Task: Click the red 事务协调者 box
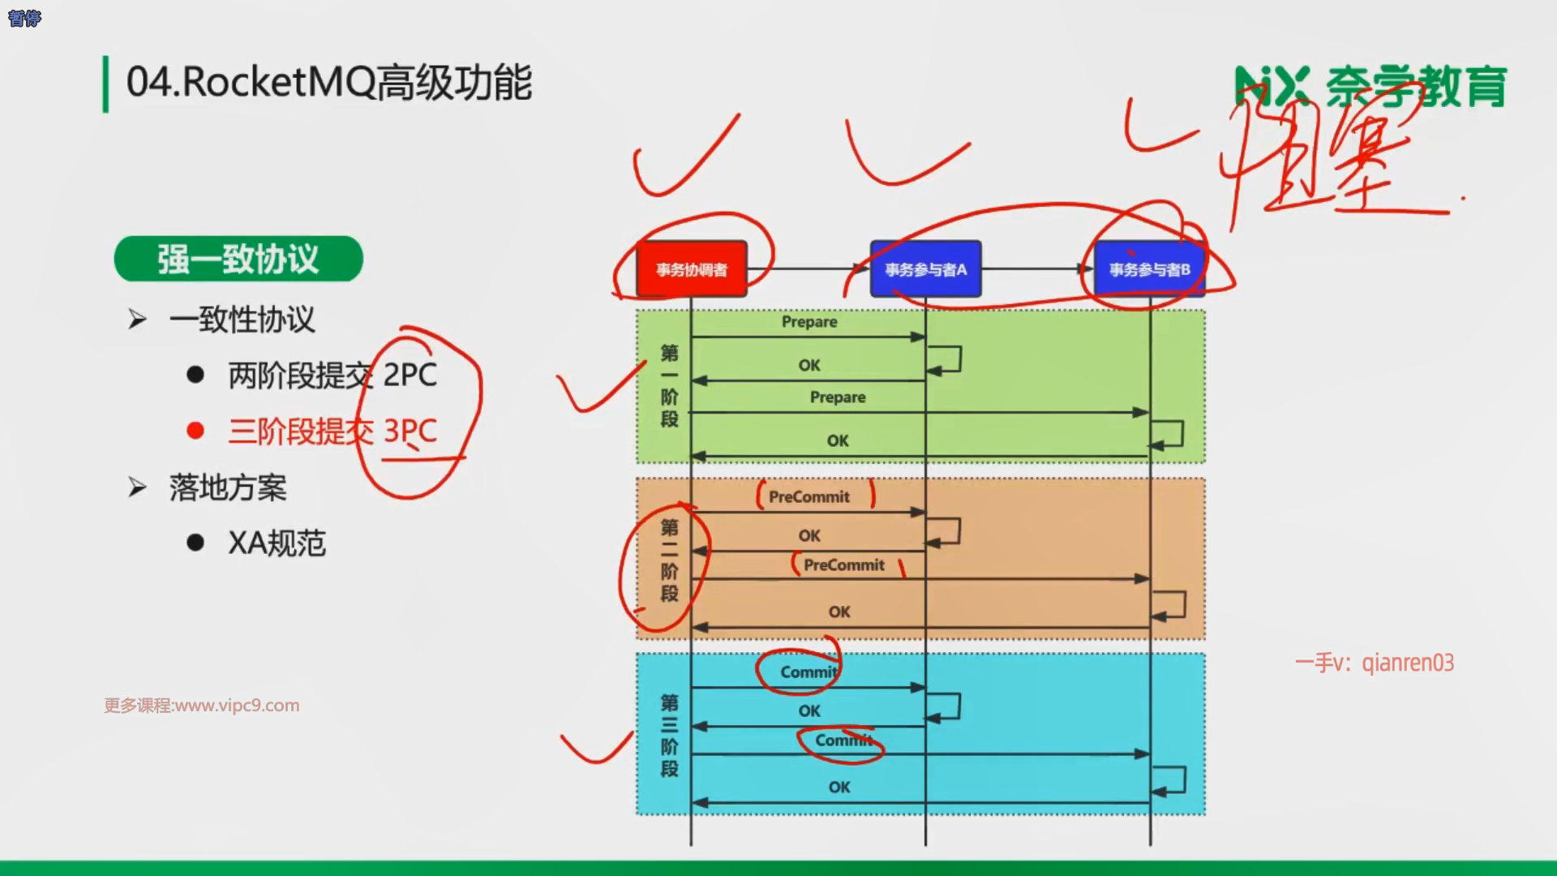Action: [x=691, y=269]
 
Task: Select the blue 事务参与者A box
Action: [x=925, y=269]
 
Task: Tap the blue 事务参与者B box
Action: [x=1149, y=269]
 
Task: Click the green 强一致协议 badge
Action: [x=238, y=260]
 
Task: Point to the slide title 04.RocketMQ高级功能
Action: [x=329, y=83]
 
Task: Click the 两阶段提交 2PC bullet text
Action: [x=332, y=376]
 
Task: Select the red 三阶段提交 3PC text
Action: [x=332, y=431]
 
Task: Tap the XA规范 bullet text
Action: [x=277, y=543]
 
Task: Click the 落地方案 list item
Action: [x=228, y=488]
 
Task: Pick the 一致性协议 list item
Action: [x=242, y=320]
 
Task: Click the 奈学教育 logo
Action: [x=1370, y=87]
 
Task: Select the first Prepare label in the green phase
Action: [x=809, y=322]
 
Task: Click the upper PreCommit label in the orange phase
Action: [x=809, y=497]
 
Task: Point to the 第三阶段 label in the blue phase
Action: [x=669, y=736]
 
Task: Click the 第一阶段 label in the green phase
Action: [x=669, y=385]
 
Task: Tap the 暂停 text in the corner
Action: [x=24, y=19]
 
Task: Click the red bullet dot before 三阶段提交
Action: [x=195, y=431]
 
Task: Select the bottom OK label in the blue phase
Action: [x=839, y=788]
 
